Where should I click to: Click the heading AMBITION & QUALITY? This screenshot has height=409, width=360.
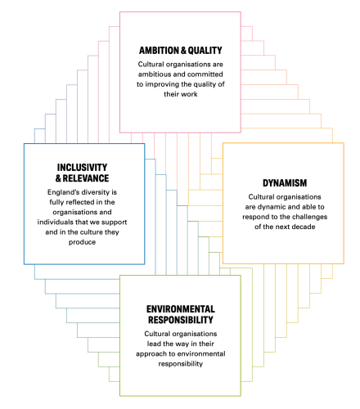(181, 51)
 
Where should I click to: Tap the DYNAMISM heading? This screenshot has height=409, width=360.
(285, 183)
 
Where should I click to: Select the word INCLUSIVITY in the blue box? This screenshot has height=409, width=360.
(82, 168)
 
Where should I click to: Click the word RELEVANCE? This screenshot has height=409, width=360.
(86, 178)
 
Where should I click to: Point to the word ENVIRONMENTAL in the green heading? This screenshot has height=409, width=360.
(181, 309)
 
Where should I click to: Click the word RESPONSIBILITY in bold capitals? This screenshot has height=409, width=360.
(181, 320)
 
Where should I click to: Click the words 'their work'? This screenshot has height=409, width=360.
(181, 94)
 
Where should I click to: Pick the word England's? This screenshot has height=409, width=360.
(60, 192)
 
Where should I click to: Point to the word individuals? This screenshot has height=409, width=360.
(55, 222)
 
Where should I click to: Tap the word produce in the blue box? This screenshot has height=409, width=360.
(82, 242)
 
